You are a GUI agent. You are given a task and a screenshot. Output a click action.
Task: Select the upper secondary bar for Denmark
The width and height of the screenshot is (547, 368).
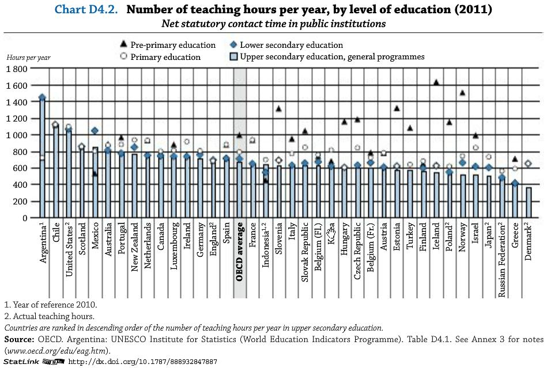pos(529,203)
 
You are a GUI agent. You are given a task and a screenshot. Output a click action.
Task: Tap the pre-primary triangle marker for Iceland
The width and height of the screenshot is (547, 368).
pos(436,82)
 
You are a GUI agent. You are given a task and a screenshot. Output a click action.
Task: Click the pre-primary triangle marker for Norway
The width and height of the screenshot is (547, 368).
pos(462,93)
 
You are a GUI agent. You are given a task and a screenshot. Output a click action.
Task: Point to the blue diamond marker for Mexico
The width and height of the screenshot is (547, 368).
pos(95,131)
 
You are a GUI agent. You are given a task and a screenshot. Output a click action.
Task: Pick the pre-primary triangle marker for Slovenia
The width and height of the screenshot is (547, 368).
pos(278,109)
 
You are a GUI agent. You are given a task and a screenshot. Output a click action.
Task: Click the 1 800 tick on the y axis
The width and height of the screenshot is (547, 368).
pos(17,69)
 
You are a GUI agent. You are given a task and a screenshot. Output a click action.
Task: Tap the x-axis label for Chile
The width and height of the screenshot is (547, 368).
pos(56,236)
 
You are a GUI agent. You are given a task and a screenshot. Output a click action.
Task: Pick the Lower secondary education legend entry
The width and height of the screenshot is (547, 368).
pos(291,45)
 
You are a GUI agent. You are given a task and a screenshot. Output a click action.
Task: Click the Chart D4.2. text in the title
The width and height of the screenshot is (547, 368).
pos(86,10)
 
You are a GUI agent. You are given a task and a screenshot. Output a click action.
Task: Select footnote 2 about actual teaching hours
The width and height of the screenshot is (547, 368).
pos(49,316)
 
